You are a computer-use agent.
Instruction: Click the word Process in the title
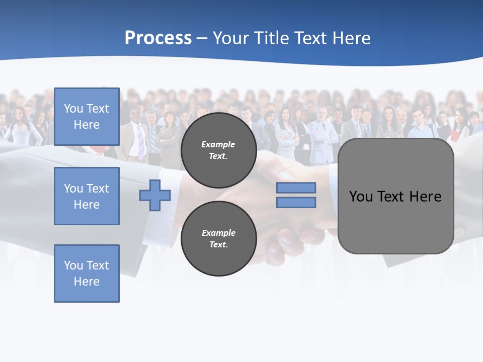pos(158,38)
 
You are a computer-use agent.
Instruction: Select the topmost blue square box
pos(87,117)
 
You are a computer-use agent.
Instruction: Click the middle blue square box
pos(87,196)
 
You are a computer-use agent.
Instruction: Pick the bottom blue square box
pos(87,274)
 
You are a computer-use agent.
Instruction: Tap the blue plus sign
pos(155,196)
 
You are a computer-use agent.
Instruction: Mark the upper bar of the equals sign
pos(296,188)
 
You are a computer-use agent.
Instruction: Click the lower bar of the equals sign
pos(296,203)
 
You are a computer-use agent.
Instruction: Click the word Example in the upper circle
pos(218,144)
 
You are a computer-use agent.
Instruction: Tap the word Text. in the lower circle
pos(218,245)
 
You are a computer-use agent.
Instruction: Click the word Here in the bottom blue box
pos(87,282)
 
